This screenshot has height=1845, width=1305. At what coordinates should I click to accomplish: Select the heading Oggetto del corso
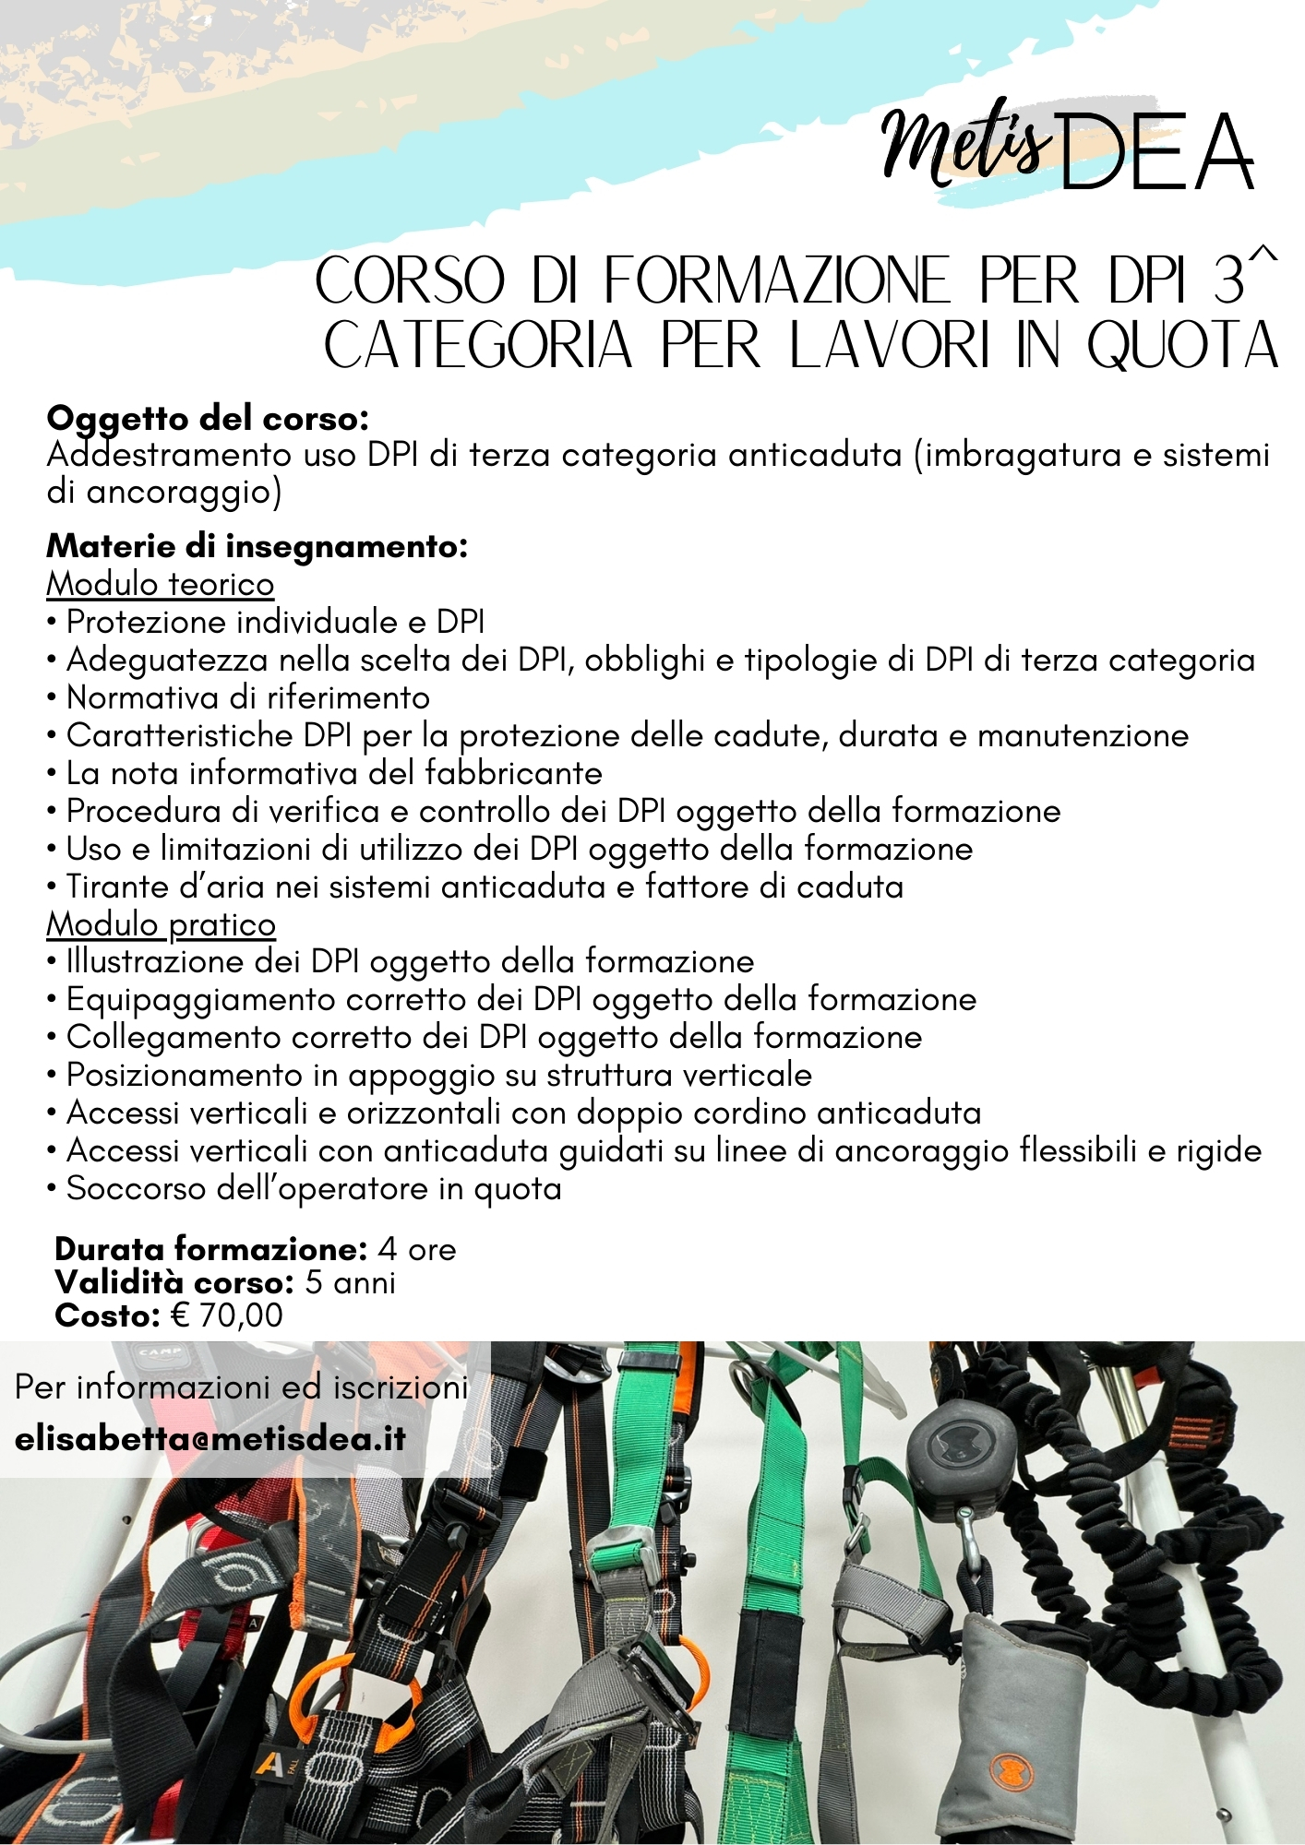tap(208, 419)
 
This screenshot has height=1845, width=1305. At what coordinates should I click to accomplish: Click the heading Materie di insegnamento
tap(257, 546)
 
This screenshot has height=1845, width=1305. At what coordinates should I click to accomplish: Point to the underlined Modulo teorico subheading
tap(160, 584)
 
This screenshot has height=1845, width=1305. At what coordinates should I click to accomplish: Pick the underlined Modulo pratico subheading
tap(161, 924)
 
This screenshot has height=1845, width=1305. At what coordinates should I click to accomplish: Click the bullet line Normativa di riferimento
tap(247, 697)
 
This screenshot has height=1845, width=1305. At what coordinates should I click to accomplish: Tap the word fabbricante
tap(513, 773)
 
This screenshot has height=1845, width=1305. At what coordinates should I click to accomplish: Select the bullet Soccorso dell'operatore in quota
tap(314, 1189)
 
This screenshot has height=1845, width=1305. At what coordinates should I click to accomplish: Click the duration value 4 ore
tap(417, 1249)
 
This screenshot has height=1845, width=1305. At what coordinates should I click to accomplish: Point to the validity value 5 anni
tap(350, 1282)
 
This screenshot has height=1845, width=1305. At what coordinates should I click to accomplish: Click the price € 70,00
tap(226, 1315)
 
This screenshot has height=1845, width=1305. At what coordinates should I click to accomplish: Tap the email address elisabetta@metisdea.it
tap(210, 1439)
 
